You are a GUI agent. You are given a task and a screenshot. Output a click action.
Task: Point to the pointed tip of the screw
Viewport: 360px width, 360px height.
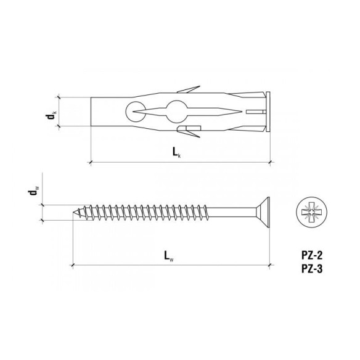coord(76,213)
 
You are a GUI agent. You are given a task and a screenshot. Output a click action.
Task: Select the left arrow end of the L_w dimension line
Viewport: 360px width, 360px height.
coord(73,265)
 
